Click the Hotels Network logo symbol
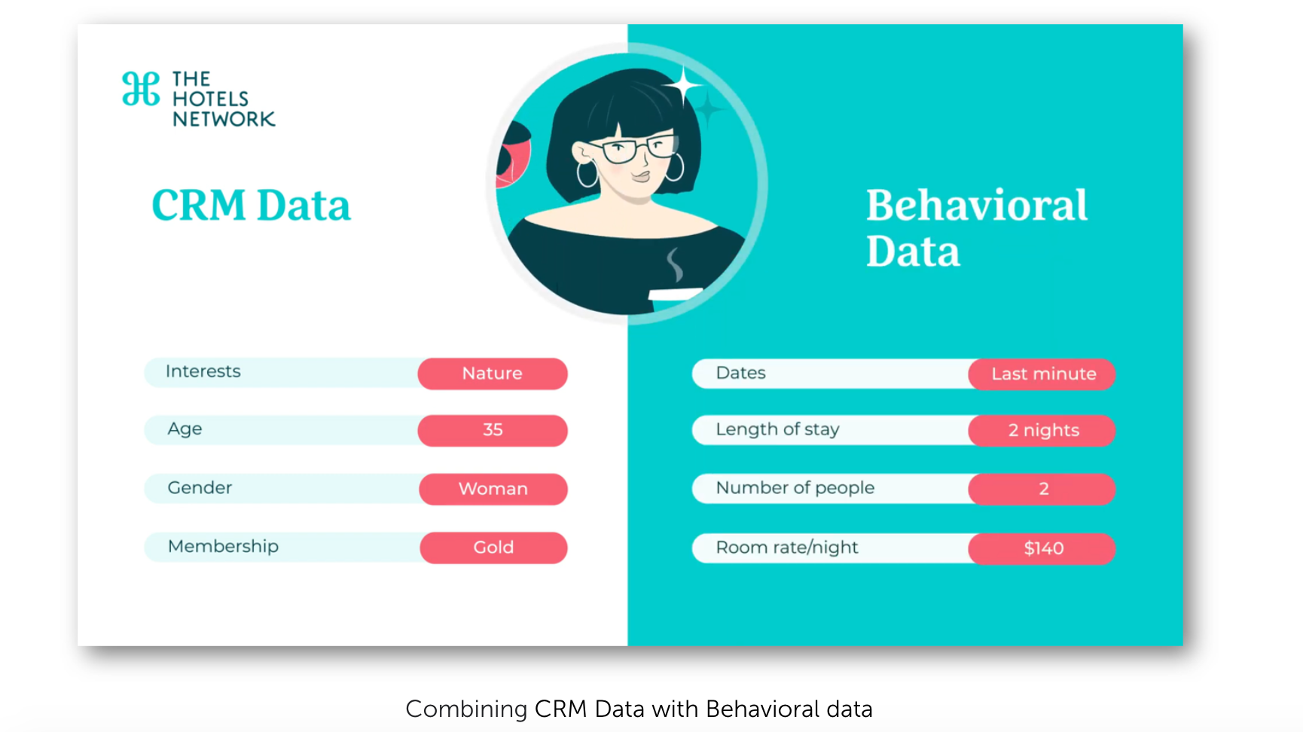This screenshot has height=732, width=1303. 141,89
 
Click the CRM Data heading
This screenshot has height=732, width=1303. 251,205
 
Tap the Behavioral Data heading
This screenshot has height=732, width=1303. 976,227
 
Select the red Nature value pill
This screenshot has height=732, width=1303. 493,374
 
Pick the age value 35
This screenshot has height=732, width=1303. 493,430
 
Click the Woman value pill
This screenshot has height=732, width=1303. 493,489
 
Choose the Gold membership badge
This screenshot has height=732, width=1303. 493,547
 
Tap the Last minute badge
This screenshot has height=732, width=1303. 1042,374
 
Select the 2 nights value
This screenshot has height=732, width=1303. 1042,430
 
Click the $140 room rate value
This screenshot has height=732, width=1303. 1042,548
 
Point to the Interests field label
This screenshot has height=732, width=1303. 203,371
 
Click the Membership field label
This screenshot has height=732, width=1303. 223,546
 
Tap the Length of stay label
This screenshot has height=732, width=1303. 777,429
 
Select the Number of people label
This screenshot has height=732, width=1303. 795,488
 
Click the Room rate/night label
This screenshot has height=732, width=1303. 787,547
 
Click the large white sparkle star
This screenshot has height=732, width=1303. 683,86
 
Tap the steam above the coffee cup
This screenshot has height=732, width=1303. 675,265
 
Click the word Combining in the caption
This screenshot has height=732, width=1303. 466,709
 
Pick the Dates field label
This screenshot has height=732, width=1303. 740,373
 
